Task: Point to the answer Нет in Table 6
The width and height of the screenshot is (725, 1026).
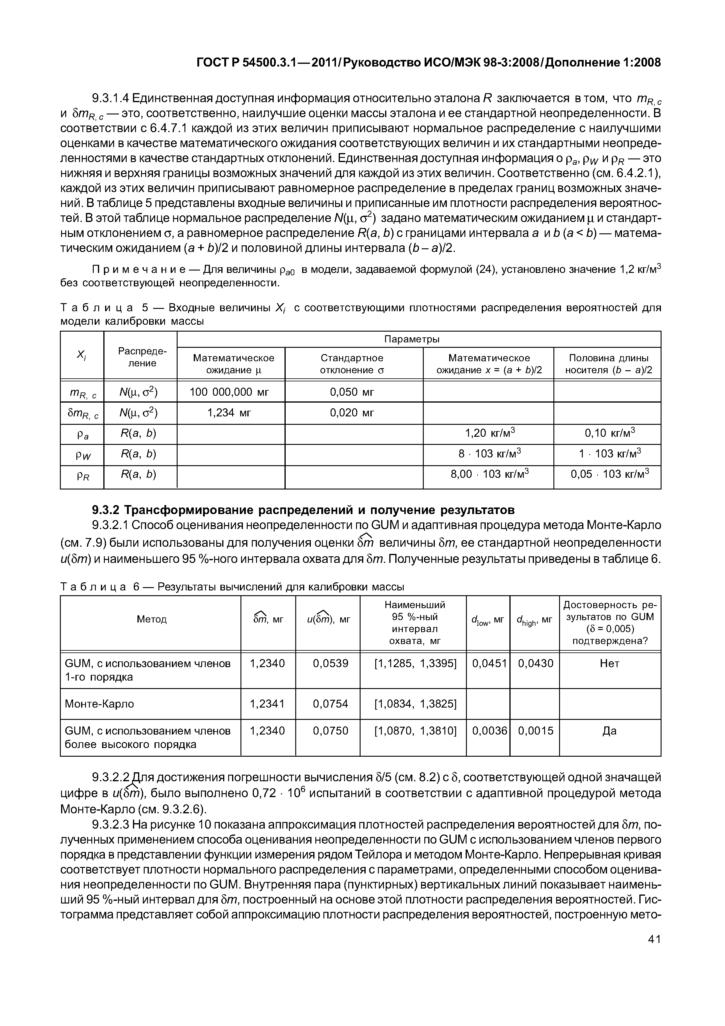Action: [609, 664]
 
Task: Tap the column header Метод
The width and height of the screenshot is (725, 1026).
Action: [152, 619]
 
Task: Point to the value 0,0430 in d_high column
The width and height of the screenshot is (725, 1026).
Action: [535, 664]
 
